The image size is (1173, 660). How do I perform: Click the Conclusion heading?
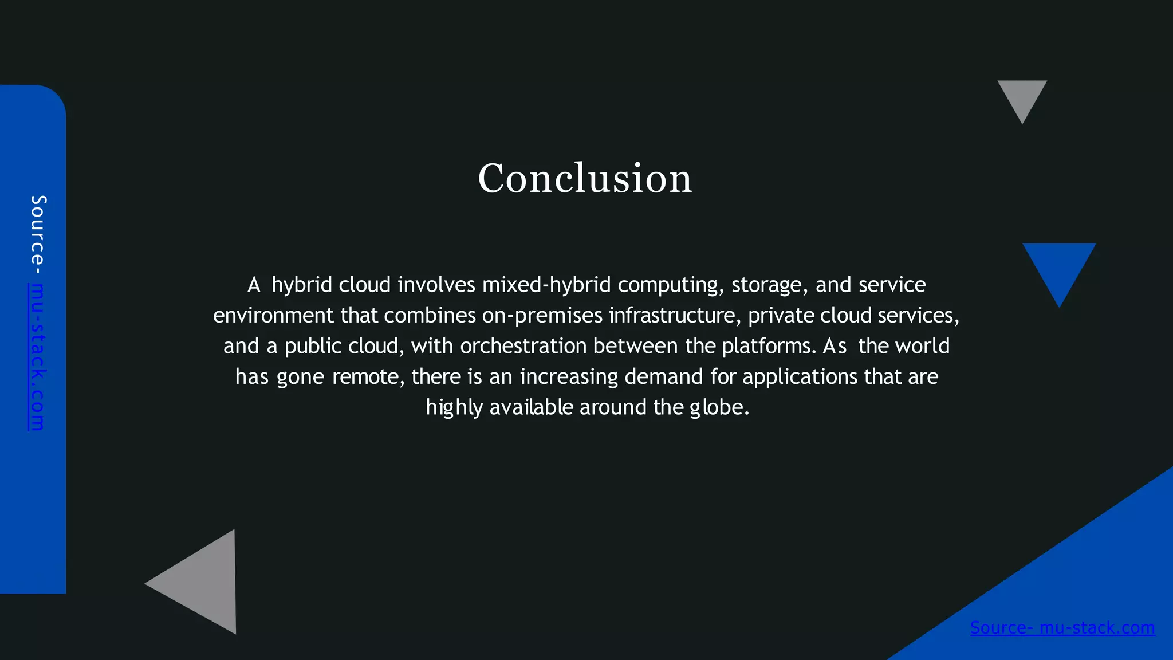point(585,178)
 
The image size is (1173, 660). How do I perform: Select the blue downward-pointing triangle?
point(1059,268)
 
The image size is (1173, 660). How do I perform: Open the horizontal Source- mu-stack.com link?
point(1062,628)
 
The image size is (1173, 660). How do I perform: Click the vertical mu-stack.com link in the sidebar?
point(37,356)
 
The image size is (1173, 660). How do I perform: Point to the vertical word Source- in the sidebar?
point(38,235)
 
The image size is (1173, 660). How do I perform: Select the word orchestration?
point(523,346)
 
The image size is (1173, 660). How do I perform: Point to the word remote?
point(368,377)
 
